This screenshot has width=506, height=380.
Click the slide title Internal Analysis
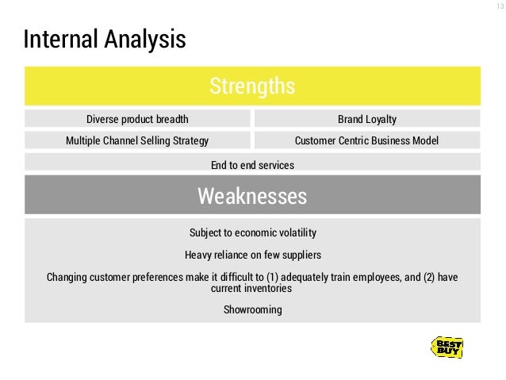pyautogui.click(x=105, y=39)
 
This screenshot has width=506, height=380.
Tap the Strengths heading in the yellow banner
pyautogui.click(x=252, y=86)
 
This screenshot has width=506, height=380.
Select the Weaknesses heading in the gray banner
pyautogui.click(x=252, y=195)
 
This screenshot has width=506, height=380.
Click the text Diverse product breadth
pyautogui.click(x=137, y=120)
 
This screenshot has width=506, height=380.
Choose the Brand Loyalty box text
pyautogui.click(x=366, y=120)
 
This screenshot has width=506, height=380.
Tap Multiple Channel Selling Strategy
pyautogui.click(x=137, y=141)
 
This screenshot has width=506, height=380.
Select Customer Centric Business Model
pyautogui.click(x=366, y=141)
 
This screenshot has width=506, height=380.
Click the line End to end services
pyautogui.click(x=252, y=165)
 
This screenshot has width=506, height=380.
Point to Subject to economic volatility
pyautogui.click(x=252, y=233)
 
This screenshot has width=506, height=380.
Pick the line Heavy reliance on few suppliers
pyautogui.click(x=252, y=255)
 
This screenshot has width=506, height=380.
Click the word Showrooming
pyautogui.click(x=252, y=309)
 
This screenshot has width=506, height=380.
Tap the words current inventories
pyautogui.click(x=252, y=289)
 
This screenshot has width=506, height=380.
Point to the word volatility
pyautogui.click(x=293, y=233)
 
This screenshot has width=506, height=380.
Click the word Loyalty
pyautogui.click(x=381, y=120)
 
